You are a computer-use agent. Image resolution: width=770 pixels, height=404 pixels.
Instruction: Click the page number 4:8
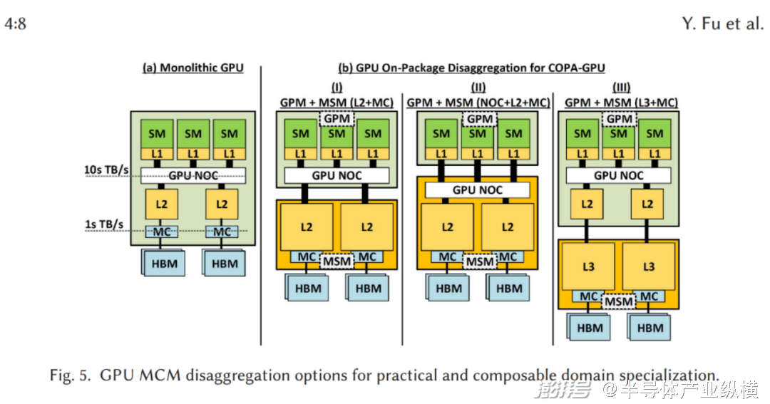[16, 24]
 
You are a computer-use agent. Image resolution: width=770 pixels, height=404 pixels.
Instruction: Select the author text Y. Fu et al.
[722, 24]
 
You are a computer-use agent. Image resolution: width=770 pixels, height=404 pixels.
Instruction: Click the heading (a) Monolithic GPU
[192, 68]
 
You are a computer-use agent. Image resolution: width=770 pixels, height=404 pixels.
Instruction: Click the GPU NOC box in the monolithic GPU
[192, 175]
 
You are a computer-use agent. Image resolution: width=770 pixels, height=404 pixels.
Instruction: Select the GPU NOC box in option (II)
[477, 190]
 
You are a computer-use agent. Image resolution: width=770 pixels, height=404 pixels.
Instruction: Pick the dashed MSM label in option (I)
[337, 261]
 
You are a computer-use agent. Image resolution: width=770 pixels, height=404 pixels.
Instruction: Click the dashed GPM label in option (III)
[619, 118]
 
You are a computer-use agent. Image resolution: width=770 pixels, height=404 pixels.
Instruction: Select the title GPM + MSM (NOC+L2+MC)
[478, 103]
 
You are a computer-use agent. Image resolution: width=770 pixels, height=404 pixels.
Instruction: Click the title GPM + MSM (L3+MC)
[620, 103]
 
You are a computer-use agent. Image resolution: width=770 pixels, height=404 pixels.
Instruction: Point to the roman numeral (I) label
[337, 87]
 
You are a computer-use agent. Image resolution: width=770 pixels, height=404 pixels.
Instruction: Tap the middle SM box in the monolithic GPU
[193, 133]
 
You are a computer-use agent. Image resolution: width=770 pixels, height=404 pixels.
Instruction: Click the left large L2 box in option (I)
[306, 227]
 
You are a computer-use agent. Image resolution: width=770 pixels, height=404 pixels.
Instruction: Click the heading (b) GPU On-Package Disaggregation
[471, 68]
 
